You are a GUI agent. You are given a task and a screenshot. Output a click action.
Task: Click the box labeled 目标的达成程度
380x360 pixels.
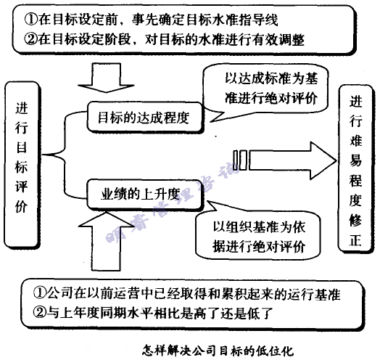[x=141, y=119]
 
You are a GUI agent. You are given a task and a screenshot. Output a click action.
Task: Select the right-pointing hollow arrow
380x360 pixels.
[x=286, y=156]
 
